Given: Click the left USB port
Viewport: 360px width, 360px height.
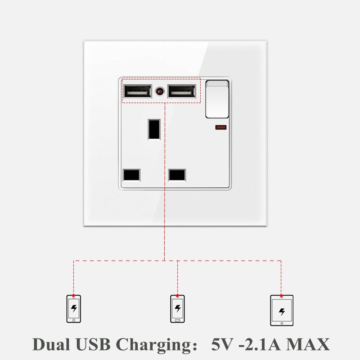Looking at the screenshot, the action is pos(137,91).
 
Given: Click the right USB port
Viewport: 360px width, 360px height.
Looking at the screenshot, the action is pos(182,91).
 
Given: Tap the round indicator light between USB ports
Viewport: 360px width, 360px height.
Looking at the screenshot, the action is pos(160,92).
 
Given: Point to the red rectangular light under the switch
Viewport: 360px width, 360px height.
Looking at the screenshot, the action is pos(221,127).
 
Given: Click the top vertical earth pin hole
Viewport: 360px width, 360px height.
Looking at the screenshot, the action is pos(154,129).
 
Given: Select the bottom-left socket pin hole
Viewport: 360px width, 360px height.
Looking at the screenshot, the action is pos(131,175).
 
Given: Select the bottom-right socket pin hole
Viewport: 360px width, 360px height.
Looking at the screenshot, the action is pos(177,175).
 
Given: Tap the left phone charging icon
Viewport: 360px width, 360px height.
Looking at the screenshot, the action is pos(74,309).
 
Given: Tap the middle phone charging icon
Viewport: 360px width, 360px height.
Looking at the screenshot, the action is pos(177,309).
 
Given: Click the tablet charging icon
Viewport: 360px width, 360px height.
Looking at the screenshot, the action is pos(282,310).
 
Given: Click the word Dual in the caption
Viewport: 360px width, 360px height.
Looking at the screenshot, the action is pos(51,345).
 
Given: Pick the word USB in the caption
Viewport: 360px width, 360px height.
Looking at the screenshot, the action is pos(93,345).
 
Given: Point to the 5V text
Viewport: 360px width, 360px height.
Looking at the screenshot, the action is pos(222,345).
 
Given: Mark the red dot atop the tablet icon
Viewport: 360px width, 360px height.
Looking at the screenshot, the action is pos(281,296).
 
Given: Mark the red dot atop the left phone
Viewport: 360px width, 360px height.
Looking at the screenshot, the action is pos(73,296).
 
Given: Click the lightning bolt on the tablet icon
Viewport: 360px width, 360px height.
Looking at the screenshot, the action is pos(282,312).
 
